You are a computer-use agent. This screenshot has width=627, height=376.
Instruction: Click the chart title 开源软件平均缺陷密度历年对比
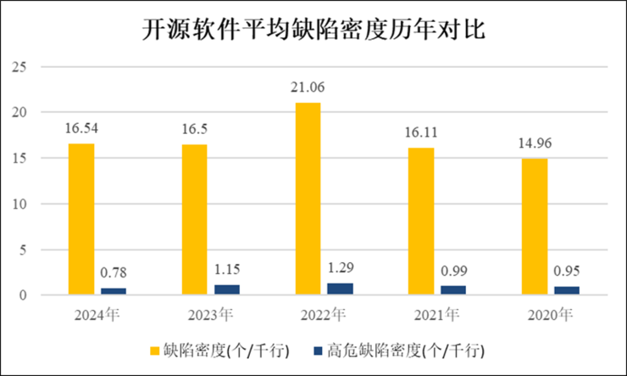coord(313,31)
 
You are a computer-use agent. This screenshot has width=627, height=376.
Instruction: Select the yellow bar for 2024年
coord(81,219)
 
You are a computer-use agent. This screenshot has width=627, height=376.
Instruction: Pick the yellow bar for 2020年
coord(534,227)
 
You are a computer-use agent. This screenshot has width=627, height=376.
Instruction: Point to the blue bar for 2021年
coord(452,291)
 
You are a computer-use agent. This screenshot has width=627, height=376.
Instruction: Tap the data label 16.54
coord(82,129)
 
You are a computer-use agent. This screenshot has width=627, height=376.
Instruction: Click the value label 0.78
coord(114,273)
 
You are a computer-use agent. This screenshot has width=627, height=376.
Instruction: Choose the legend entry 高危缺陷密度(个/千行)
coord(406,350)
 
